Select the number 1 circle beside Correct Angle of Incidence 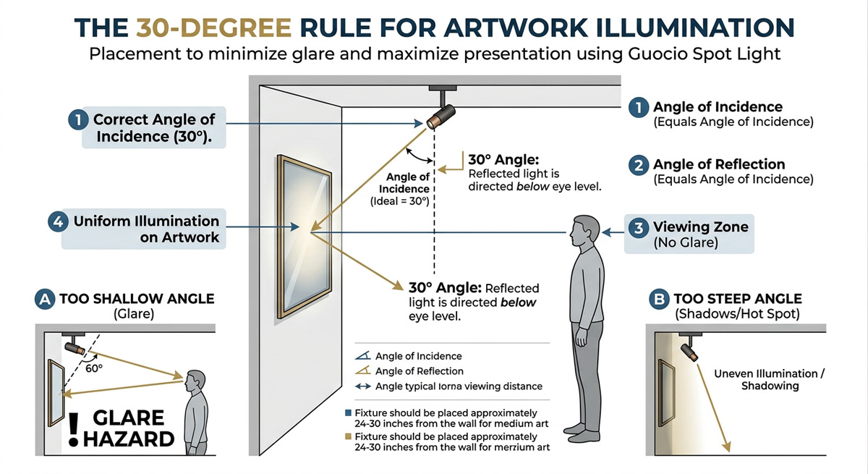pos(77,119)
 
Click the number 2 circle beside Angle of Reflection pos(638,165)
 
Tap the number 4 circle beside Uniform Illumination pos(59,221)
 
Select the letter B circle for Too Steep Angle pos(659,298)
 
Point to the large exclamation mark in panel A pos(73,428)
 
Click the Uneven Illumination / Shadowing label pos(769,380)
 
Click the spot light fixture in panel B pos(689,352)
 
